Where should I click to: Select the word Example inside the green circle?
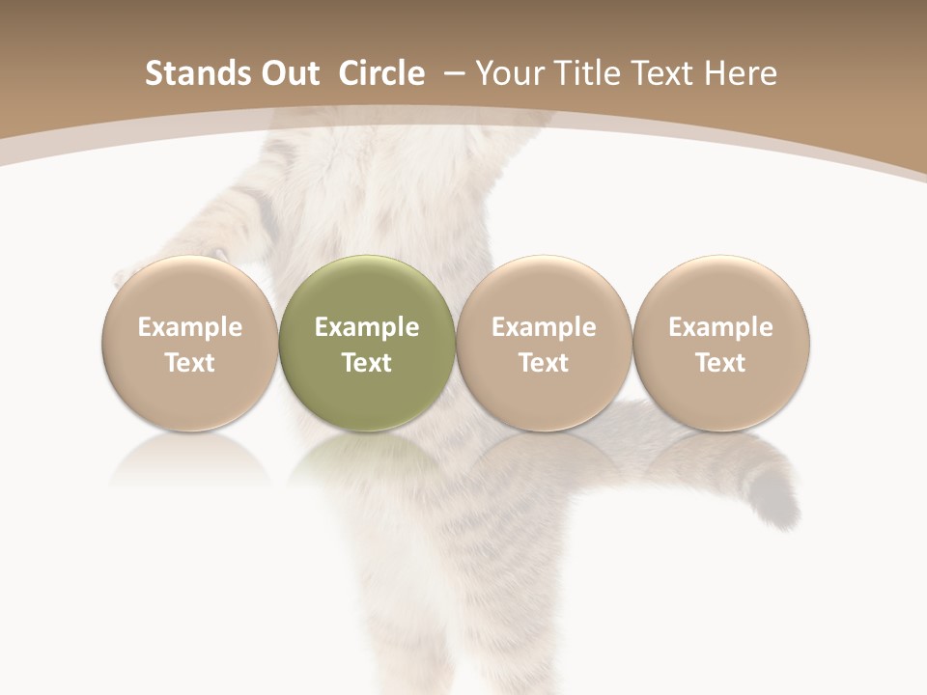[x=367, y=327]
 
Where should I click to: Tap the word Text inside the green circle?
[x=367, y=363]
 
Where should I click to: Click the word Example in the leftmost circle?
[x=189, y=327]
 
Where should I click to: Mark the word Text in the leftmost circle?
[x=189, y=363]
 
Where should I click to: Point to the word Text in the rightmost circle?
[x=721, y=363]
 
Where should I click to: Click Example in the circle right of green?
[x=544, y=327]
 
